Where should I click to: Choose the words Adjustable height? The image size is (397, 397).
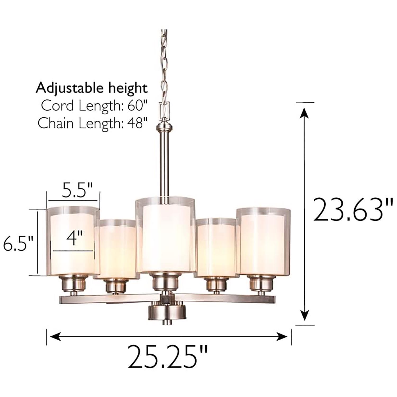[x=92, y=88]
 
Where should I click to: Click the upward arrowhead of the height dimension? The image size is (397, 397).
[x=304, y=112]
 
